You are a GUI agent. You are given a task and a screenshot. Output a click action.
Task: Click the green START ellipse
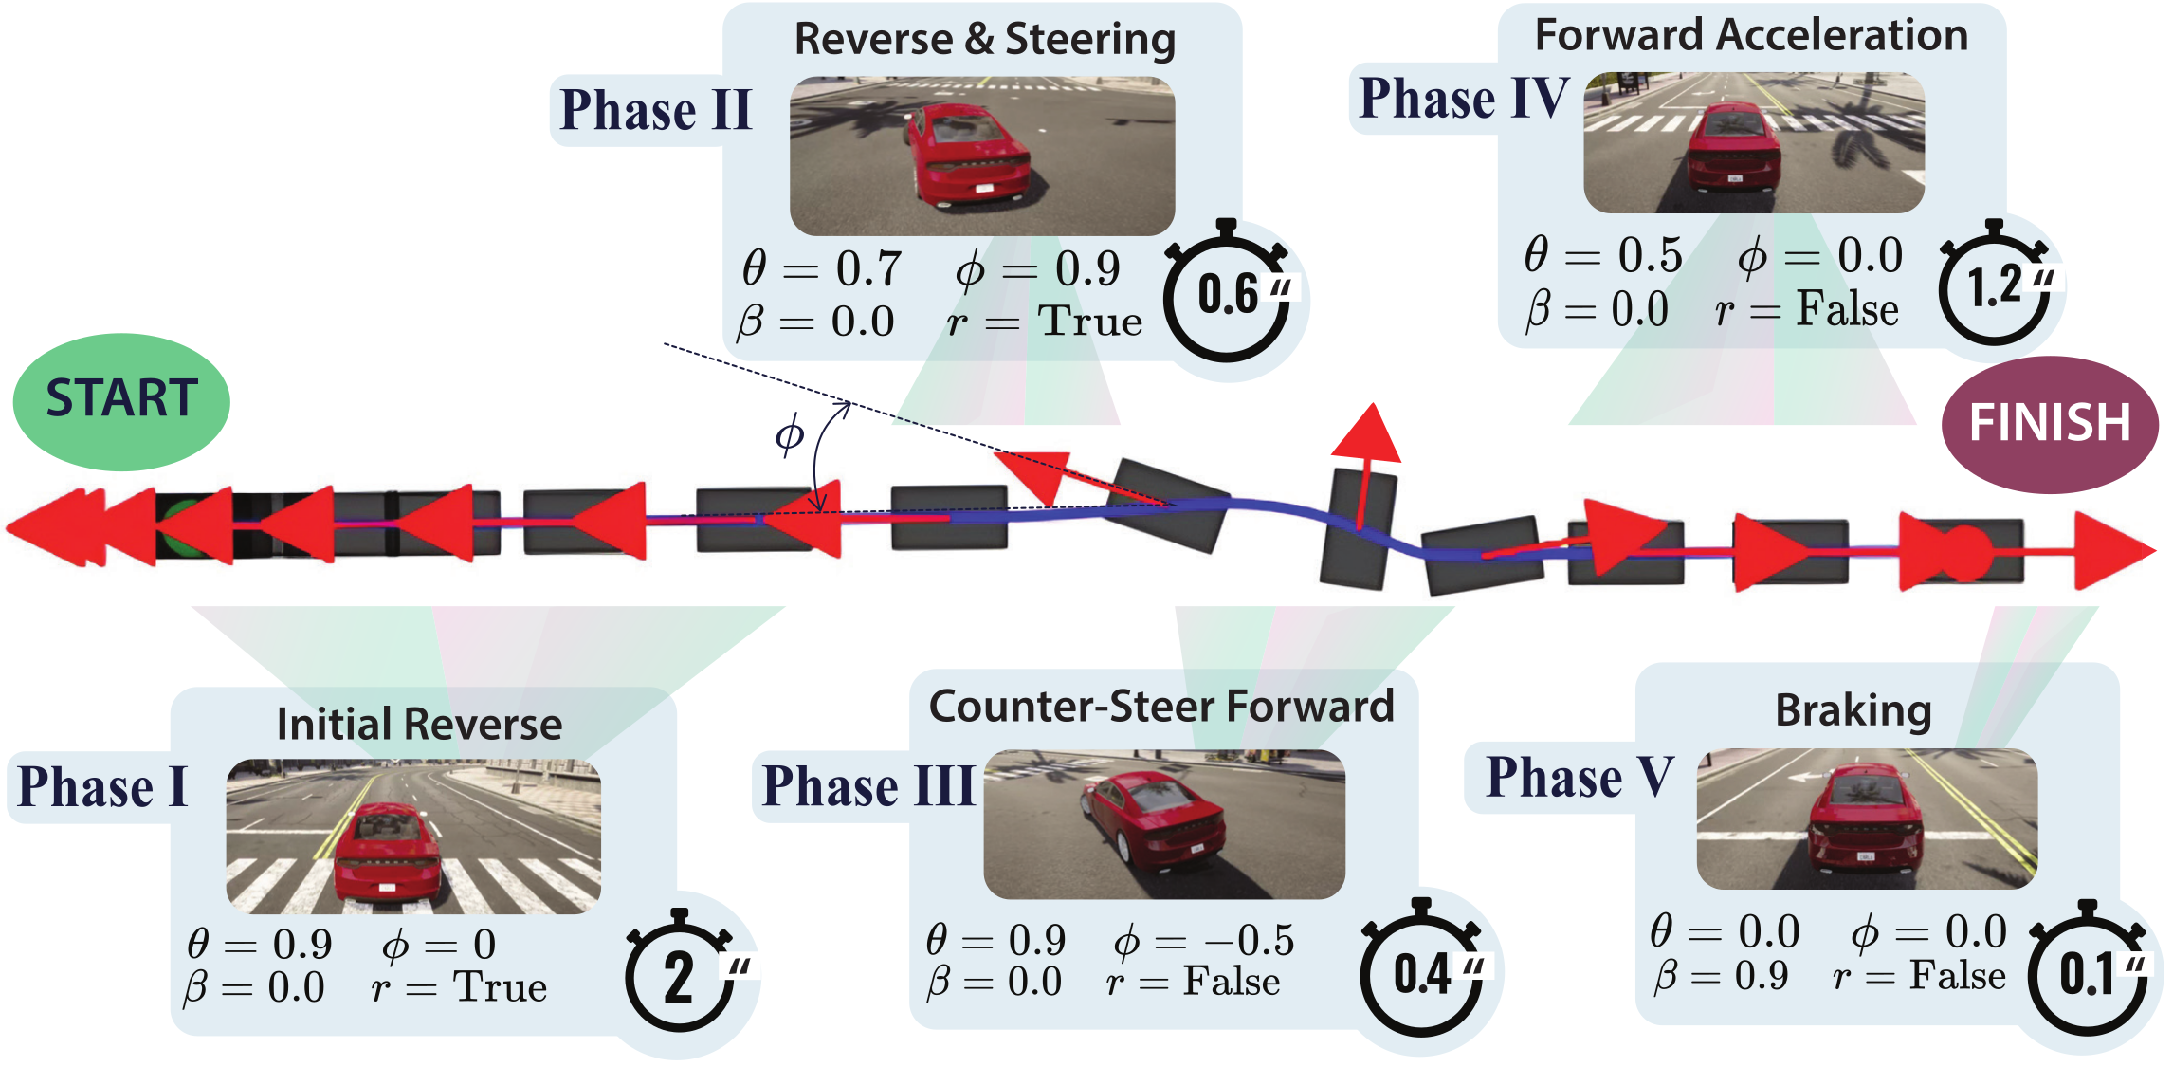click(x=121, y=400)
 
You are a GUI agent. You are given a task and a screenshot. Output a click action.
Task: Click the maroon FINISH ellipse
click(x=2050, y=424)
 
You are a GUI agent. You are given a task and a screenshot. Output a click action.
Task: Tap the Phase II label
click(x=655, y=110)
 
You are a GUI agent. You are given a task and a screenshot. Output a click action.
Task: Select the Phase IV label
click(x=1463, y=99)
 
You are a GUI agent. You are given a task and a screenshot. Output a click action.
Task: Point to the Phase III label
click(x=867, y=786)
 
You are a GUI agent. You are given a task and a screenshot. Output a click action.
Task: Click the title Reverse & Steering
click(x=984, y=40)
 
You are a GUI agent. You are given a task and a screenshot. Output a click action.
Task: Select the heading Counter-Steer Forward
click(x=1161, y=707)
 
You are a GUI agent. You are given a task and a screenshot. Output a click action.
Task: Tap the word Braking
click(x=1853, y=710)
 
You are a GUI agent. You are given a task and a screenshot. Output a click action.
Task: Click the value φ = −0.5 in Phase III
click(x=1203, y=941)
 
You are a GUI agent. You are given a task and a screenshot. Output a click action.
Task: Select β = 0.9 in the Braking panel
click(x=1721, y=976)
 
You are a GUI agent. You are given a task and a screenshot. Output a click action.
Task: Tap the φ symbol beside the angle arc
click(x=789, y=435)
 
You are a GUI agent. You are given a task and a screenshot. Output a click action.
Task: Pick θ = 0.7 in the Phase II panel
click(x=821, y=268)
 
